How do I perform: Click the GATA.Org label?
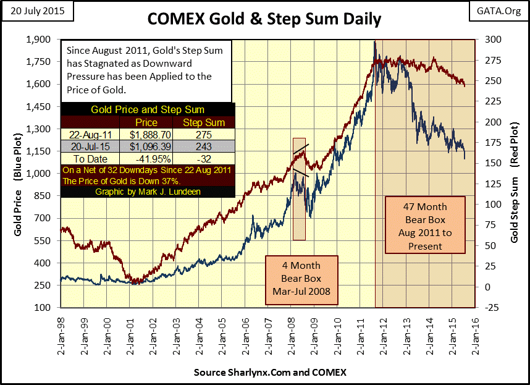(494, 11)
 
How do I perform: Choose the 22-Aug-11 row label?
(87, 134)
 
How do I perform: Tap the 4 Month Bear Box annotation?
(302, 279)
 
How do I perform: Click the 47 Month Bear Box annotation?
(425, 226)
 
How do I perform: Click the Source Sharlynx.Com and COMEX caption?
(270, 373)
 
